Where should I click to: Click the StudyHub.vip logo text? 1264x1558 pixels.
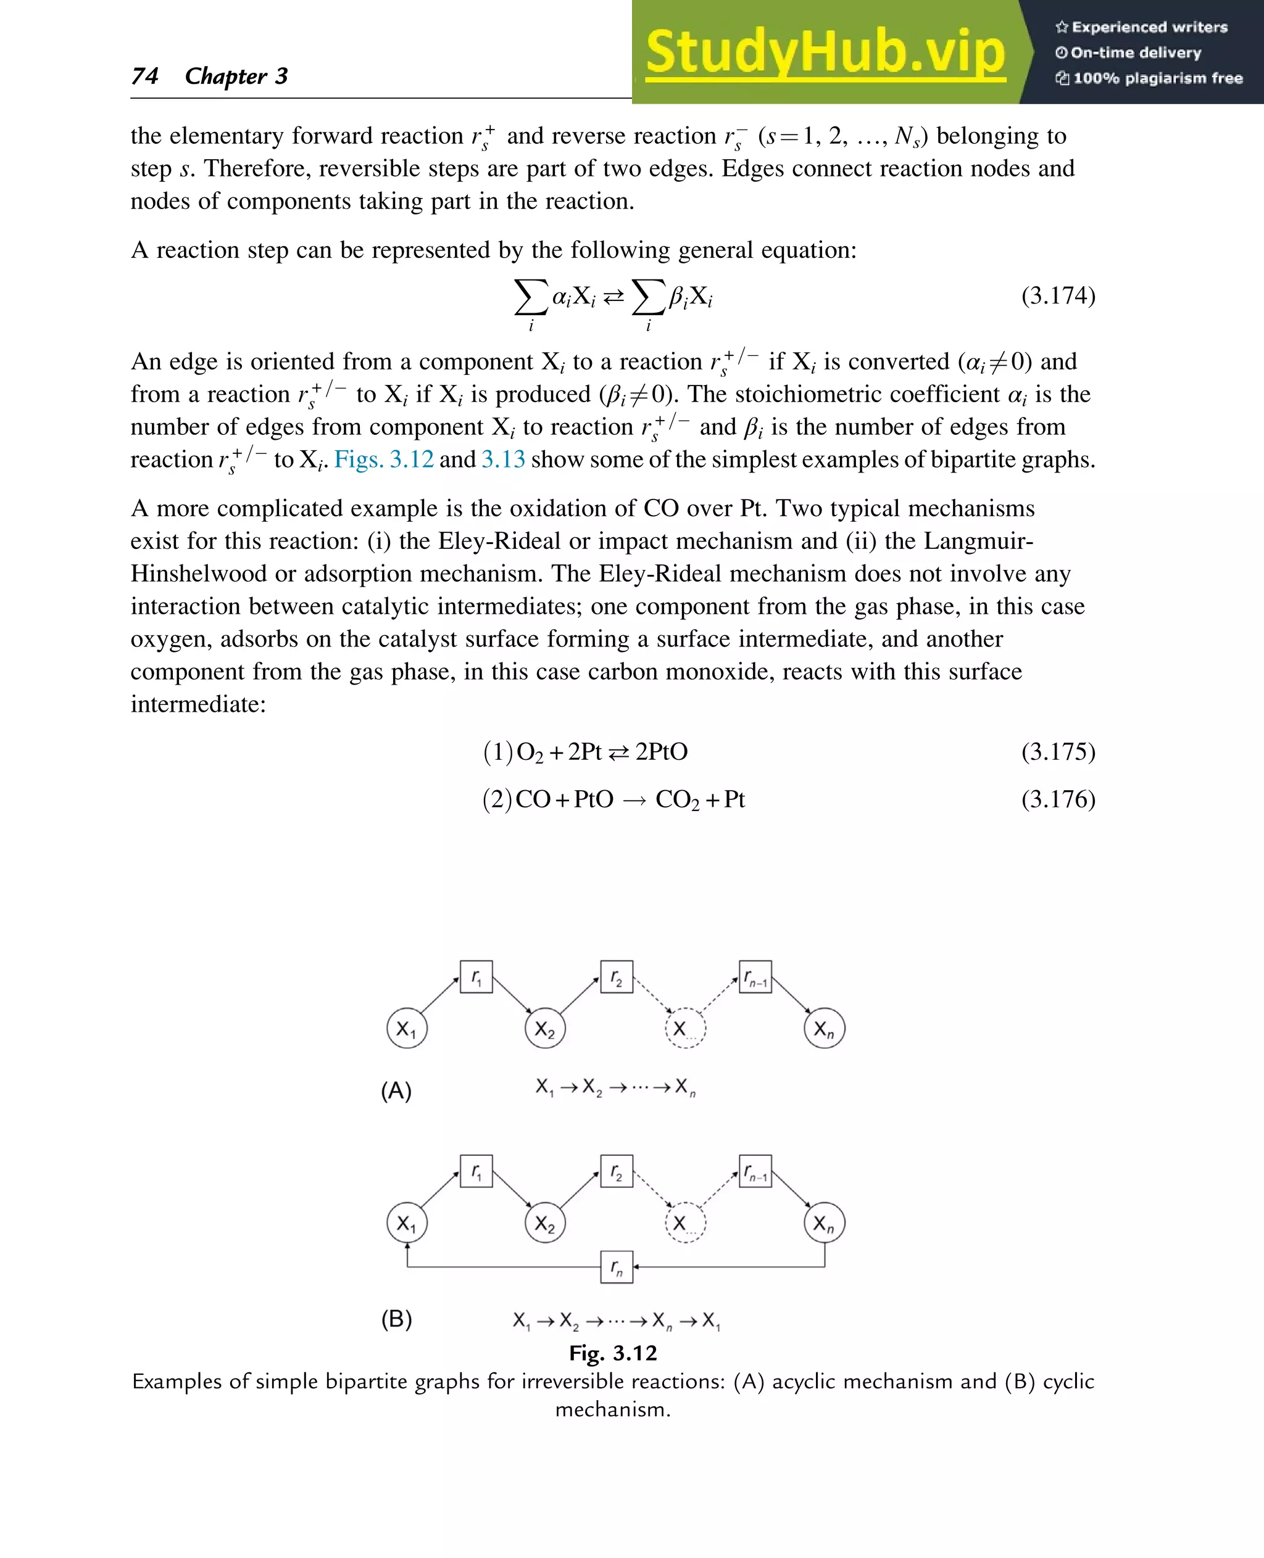[x=825, y=52]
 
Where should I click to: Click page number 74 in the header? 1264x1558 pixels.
[x=145, y=76]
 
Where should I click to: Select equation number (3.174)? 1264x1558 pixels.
[x=1058, y=296]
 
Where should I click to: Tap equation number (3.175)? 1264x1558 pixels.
[x=1058, y=752]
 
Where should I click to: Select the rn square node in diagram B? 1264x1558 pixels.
[x=616, y=1267]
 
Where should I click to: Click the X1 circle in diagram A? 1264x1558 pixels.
[x=406, y=1028]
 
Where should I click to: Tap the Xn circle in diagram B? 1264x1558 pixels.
[x=824, y=1222]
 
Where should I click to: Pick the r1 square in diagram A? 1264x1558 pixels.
[x=476, y=976]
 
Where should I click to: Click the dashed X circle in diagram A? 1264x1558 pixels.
[x=685, y=1028]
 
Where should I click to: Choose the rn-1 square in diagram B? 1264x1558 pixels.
[x=755, y=1171]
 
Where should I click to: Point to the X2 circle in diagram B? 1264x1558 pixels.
[x=544, y=1222]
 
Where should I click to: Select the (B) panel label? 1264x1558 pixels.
[x=396, y=1319]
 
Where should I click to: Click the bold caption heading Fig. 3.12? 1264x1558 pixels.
[x=612, y=1353]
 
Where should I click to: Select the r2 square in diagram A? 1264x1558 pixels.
[x=616, y=976]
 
